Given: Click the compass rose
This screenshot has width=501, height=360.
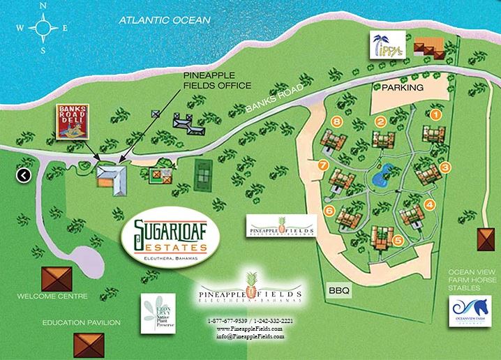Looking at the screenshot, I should (43, 29).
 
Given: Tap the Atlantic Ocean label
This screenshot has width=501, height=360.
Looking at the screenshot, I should (164, 20).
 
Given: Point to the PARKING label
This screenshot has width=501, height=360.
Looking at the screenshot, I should (403, 88).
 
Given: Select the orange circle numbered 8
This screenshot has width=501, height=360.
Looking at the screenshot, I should (338, 123).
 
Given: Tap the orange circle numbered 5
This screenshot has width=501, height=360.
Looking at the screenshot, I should (398, 241).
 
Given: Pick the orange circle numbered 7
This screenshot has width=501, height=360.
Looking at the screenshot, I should (322, 165).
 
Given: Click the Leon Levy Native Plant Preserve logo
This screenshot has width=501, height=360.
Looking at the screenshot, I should (159, 315).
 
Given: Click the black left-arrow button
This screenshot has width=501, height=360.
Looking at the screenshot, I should (23, 175).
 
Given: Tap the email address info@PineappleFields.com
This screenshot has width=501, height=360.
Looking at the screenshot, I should (250, 336).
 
